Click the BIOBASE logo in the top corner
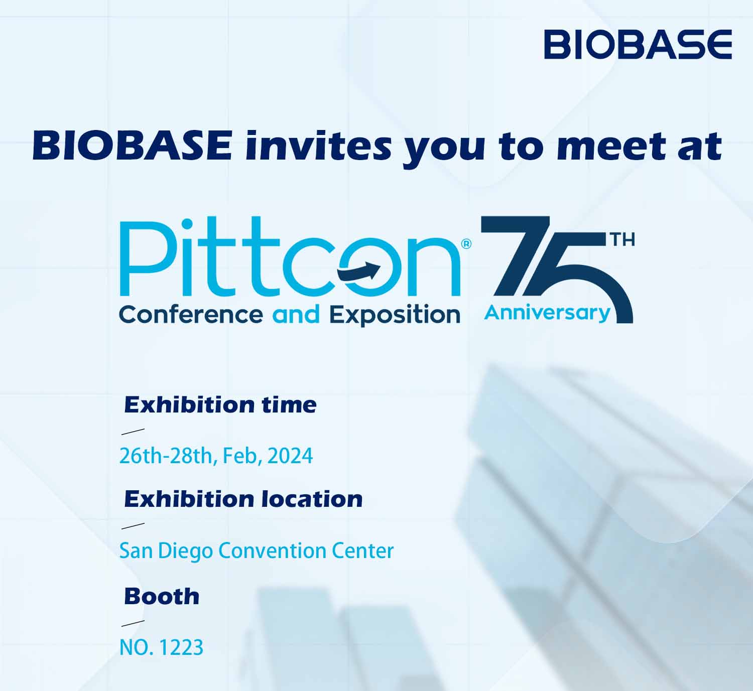click(x=638, y=44)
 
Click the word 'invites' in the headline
click(x=318, y=147)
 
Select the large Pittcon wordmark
click(x=290, y=257)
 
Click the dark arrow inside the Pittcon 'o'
click(x=359, y=271)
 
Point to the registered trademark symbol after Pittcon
click(x=466, y=244)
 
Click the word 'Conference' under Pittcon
click(x=191, y=314)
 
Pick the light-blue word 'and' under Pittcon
click(x=296, y=314)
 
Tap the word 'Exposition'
click(x=395, y=315)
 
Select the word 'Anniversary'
click(x=547, y=314)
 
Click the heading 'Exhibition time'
click(x=220, y=405)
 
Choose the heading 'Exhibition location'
click(x=243, y=499)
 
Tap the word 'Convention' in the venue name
click(x=273, y=551)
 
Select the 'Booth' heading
click(x=162, y=597)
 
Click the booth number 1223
click(x=181, y=648)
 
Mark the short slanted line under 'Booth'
click(x=133, y=623)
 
